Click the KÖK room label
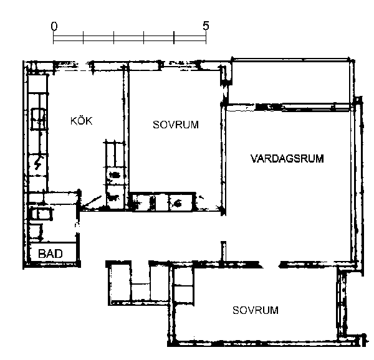point(81,121)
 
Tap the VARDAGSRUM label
point(287,159)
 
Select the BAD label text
point(50,253)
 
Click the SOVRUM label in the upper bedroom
point(176,125)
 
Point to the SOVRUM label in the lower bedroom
point(256,310)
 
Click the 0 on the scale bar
point(54,26)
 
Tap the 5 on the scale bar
point(206,26)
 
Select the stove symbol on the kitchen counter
point(38,118)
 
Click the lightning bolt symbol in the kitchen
point(38,163)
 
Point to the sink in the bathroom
point(41,214)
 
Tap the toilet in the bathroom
point(36,231)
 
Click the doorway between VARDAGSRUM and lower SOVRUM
point(271,265)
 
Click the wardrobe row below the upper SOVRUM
point(162,202)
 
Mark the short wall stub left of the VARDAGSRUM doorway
point(224,252)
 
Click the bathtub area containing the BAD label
point(52,252)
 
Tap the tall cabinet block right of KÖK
point(115,176)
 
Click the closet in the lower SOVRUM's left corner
point(183,285)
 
